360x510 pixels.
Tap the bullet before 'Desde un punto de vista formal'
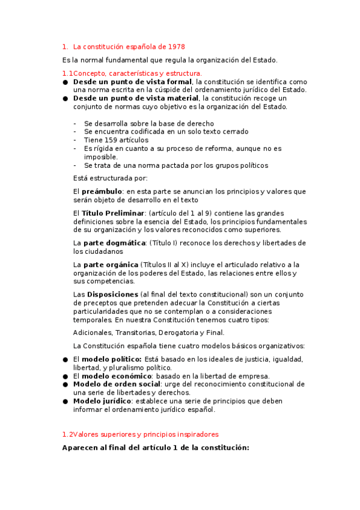pos(65,82)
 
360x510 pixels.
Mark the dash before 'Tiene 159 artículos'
pos(75,140)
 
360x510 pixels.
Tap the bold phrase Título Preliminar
pos(113,214)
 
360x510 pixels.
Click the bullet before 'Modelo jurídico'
pos(65,401)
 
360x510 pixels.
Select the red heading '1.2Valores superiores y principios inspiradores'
pos(141,434)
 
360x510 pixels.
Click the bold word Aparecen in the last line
pos(82,448)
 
